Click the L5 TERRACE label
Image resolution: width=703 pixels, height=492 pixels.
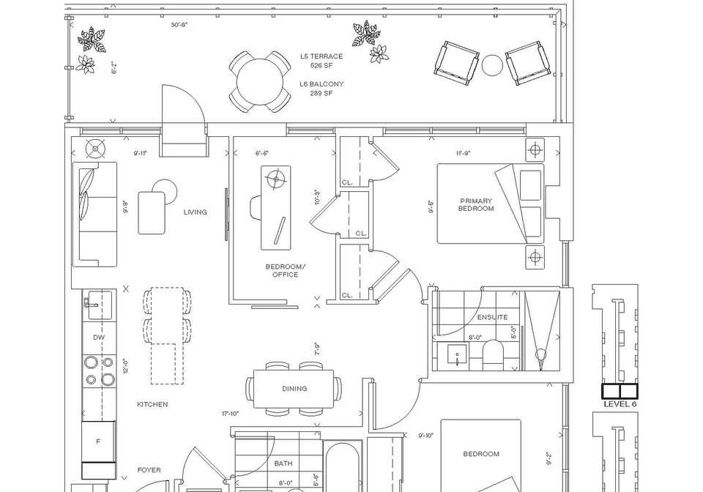[321, 56]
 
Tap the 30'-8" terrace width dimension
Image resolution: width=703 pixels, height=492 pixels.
[179, 25]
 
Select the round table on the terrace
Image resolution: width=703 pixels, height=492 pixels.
[259, 83]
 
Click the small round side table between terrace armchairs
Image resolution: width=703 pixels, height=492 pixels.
[492, 65]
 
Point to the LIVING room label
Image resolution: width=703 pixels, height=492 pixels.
[195, 212]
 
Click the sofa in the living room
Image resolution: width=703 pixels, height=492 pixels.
[94, 215]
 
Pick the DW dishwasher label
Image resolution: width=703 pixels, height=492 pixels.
[99, 338]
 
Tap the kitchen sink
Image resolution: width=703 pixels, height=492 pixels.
[100, 305]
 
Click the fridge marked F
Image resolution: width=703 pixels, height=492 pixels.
[98, 441]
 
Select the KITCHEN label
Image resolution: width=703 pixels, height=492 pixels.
[152, 404]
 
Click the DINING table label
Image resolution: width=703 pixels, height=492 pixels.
[294, 389]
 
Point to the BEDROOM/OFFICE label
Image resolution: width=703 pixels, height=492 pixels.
[285, 271]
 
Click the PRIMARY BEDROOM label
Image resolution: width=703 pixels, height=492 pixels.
[476, 205]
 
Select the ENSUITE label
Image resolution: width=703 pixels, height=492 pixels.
[492, 317]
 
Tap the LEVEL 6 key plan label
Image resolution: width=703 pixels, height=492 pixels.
[620, 404]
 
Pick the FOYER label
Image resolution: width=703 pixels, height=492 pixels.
[149, 470]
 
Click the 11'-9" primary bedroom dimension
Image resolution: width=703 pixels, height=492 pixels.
[463, 153]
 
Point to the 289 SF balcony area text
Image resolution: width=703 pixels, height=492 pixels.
[321, 93]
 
